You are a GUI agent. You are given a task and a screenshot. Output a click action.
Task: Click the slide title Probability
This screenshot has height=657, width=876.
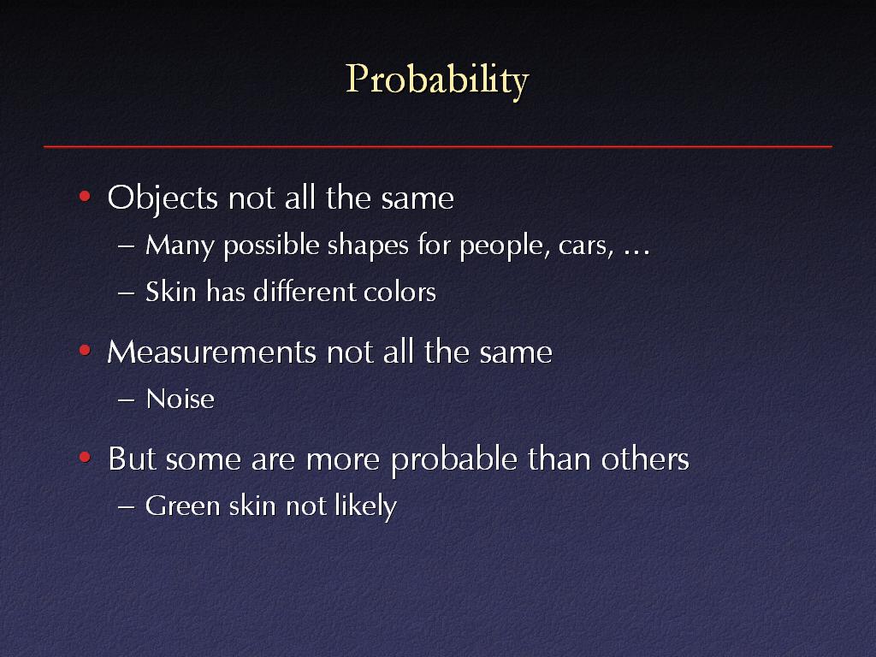437,80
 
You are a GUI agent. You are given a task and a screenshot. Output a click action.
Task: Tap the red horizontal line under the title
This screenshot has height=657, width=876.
438,147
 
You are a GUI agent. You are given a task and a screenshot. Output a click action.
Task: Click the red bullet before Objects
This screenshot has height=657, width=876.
85,196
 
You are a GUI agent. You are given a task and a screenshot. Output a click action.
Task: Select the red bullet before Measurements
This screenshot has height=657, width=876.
85,350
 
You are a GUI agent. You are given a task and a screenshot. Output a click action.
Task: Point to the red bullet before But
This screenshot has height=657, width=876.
85,458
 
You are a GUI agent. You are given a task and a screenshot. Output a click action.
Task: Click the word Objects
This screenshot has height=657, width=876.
163,199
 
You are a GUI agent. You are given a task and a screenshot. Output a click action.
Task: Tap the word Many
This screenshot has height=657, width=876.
179,246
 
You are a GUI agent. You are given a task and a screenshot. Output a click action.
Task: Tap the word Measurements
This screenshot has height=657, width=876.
212,352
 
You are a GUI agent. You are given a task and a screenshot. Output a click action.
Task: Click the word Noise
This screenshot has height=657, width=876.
180,400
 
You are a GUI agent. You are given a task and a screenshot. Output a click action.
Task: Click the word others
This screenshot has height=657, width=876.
645,459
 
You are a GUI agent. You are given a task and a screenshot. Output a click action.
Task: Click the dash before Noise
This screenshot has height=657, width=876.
127,400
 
